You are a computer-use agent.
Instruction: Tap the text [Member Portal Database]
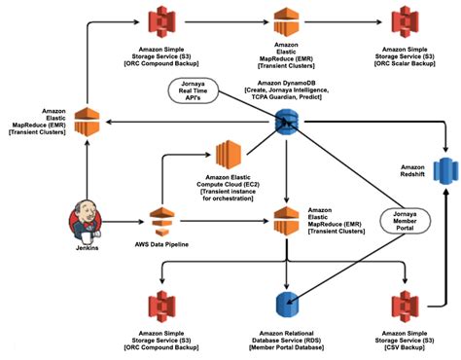(286, 348)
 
